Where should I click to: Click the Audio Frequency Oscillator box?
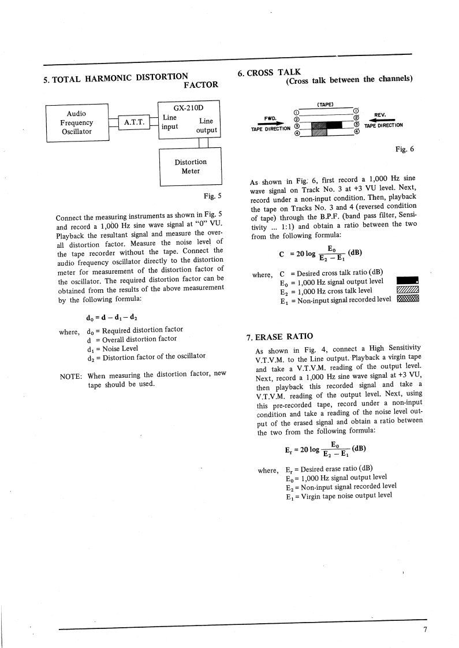click(77, 122)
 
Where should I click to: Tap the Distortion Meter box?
click(190, 166)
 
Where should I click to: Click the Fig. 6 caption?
click(404, 149)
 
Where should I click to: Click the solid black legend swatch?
click(408, 281)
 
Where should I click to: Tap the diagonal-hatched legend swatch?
click(408, 290)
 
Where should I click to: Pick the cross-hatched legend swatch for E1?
click(408, 299)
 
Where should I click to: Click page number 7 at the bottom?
click(425, 629)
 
